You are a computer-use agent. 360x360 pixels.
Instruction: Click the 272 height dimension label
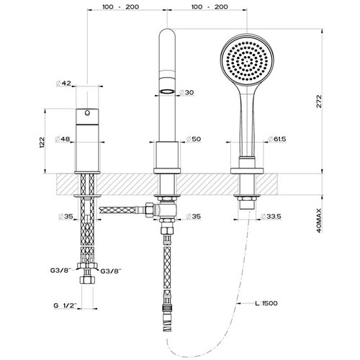pyautogui.click(x=319, y=102)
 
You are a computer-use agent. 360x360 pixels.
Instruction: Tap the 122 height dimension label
pyautogui.click(x=42, y=142)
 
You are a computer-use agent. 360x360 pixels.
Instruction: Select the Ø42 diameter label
pyautogui.click(x=63, y=84)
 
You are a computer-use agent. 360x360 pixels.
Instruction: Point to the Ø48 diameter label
pyautogui.click(x=63, y=139)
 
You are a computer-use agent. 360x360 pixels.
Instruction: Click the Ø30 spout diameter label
pyautogui.click(x=186, y=92)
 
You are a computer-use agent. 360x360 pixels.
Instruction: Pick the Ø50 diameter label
pyautogui.click(x=194, y=139)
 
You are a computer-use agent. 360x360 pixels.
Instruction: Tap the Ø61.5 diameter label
pyautogui.click(x=277, y=139)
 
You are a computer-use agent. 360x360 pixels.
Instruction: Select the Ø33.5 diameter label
pyautogui.click(x=271, y=216)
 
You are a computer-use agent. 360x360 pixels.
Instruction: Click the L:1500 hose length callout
pyautogui.click(x=266, y=303)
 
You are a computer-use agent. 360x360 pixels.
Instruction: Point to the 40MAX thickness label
pyautogui.click(x=319, y=221)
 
